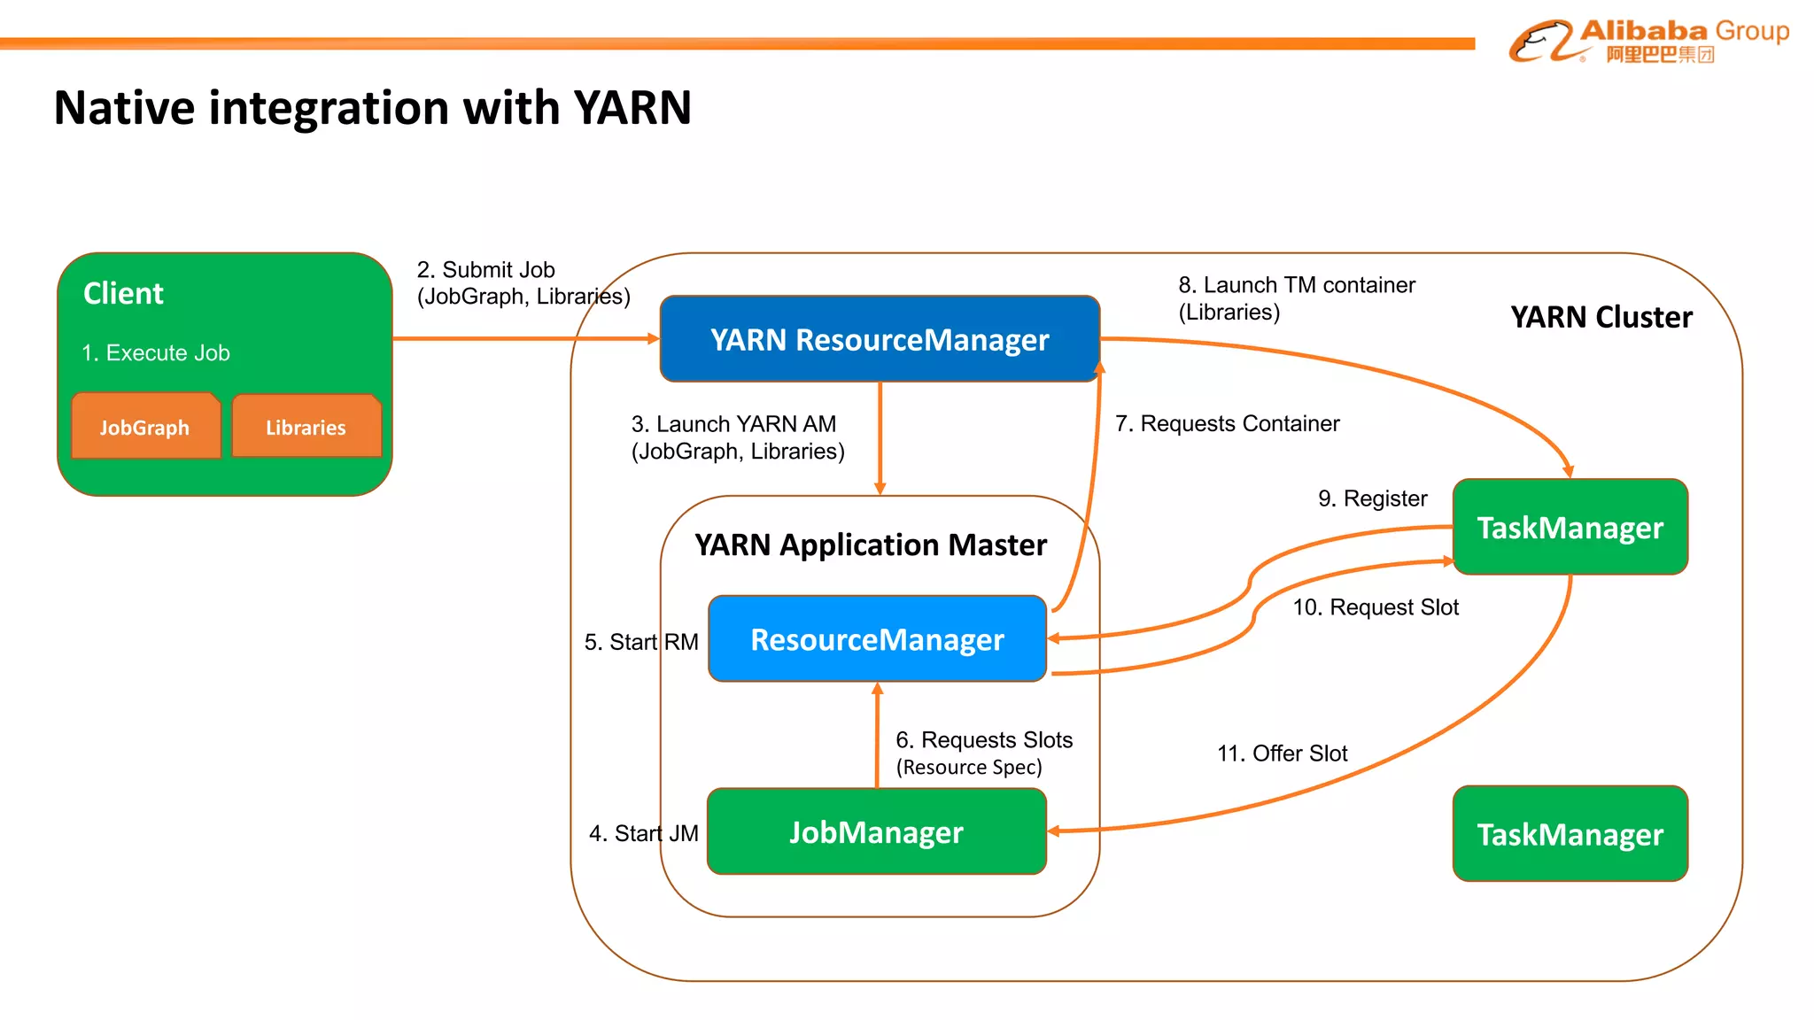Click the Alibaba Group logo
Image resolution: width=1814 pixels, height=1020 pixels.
coord(1647,41)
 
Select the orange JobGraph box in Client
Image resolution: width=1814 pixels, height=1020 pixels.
coord(145,427)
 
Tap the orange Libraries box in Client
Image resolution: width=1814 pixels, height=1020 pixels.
coord(306,427)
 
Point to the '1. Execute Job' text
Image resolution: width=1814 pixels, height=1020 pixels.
coord(156,352)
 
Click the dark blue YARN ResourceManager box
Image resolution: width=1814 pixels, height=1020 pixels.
coord(880,339)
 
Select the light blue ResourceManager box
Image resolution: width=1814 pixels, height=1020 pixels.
coord(877,639)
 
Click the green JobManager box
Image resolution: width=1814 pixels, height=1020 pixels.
coord(877,832)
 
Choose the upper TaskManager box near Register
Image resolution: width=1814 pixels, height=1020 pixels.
coord(1570,528)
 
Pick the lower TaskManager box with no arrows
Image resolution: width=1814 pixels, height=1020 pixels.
coord(1570,834)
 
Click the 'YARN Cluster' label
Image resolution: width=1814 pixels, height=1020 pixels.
coord(1601,317)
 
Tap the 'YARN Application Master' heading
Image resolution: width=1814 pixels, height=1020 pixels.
coord(871,545)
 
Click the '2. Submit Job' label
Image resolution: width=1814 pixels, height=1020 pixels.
coord(486,269)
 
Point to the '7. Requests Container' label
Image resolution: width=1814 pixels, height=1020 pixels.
coord(1227,423)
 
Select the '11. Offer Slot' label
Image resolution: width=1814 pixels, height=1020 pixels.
coord(1282,753)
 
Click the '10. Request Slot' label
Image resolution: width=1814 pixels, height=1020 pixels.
coord(1375,607)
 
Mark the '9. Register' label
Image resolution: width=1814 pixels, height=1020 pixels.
coord(1372,498)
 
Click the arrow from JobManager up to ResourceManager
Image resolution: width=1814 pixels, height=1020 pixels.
coord(877,735)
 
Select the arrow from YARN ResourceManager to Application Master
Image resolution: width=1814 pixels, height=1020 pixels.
coord(880,438)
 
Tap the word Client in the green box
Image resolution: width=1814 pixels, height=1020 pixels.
coord(123,293)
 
